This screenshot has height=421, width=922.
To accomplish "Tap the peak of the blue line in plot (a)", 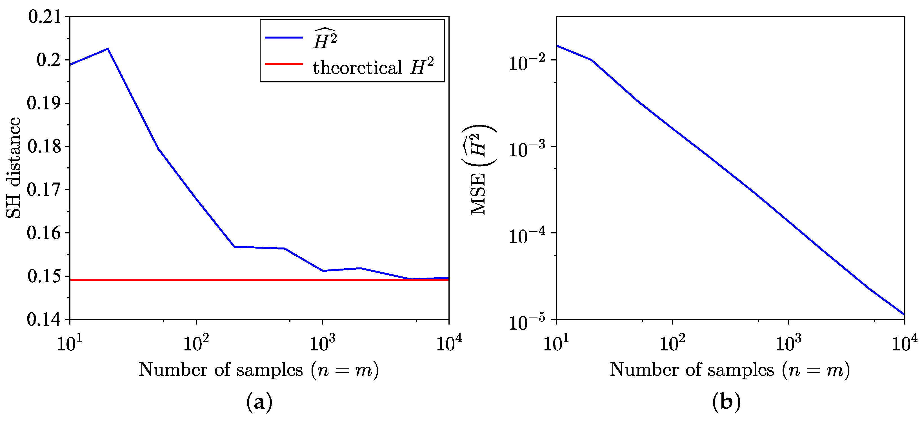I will [108, 49].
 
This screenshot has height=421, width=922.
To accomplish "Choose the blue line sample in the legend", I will [283, 37].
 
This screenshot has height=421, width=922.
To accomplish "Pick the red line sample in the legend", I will [283, 64].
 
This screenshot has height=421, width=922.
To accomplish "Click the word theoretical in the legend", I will [357, 67].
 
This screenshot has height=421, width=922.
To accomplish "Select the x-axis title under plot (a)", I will [258, 370].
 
